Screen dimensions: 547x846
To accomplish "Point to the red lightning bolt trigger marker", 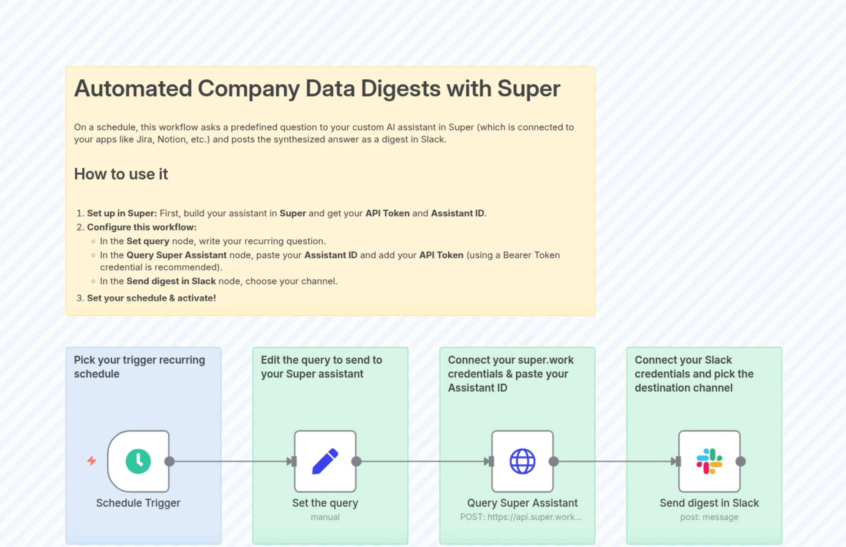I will click(91, 461).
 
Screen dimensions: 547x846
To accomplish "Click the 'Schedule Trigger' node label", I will click(138, 503).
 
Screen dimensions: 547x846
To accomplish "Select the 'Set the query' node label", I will click(325, 503).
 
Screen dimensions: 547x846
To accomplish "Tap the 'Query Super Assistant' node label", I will click(522, 503).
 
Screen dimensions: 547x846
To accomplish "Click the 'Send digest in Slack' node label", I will click(709, 503).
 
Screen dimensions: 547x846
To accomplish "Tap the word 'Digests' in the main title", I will click(401, 88).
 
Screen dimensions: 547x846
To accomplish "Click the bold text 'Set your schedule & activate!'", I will click(151, 298).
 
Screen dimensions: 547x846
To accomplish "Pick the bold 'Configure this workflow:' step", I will click(142, 227).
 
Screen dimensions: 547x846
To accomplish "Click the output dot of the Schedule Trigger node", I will click(170, 462).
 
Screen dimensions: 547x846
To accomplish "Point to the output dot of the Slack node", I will click(741, 462).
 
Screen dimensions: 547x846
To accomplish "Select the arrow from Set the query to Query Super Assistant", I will click(422, 462).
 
